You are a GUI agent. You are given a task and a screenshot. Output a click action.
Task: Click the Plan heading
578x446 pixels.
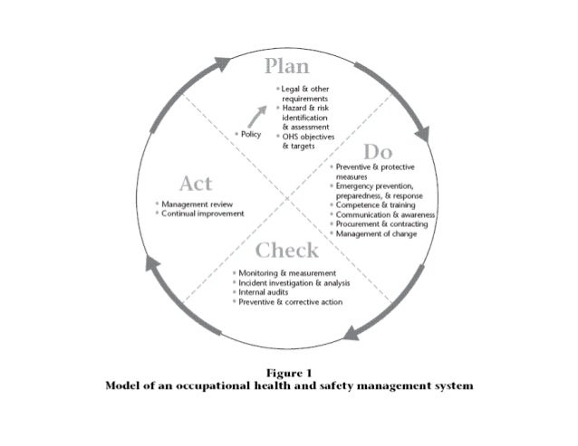[286, 68]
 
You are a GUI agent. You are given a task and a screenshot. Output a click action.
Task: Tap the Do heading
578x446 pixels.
[384, 152]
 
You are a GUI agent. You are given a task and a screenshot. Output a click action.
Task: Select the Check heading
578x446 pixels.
[286, 250]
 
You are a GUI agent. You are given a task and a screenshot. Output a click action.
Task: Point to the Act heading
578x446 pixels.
[196, 185]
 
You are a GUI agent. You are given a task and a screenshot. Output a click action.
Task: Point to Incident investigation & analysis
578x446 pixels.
[294, 282]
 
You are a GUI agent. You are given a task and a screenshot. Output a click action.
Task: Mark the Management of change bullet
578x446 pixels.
[376, 233]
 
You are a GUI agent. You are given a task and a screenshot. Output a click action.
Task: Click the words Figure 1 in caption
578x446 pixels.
[289, 372]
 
